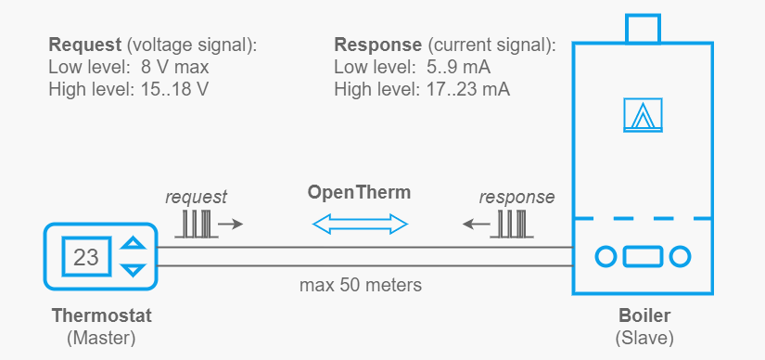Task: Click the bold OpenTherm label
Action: (359, 193)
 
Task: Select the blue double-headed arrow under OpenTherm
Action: (360, 224)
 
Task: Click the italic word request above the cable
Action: (196, 197)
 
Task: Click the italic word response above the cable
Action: (516, 197)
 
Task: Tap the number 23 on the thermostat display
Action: (86, 256)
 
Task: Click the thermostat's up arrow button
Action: (135, 244)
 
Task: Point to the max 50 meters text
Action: (360, 285)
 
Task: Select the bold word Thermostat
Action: (101, 315)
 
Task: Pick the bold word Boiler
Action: (644, 315)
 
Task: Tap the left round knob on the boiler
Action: (606, 255)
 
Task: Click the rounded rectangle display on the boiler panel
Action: (644, 255)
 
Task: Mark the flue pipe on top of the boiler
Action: (644, 28)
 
